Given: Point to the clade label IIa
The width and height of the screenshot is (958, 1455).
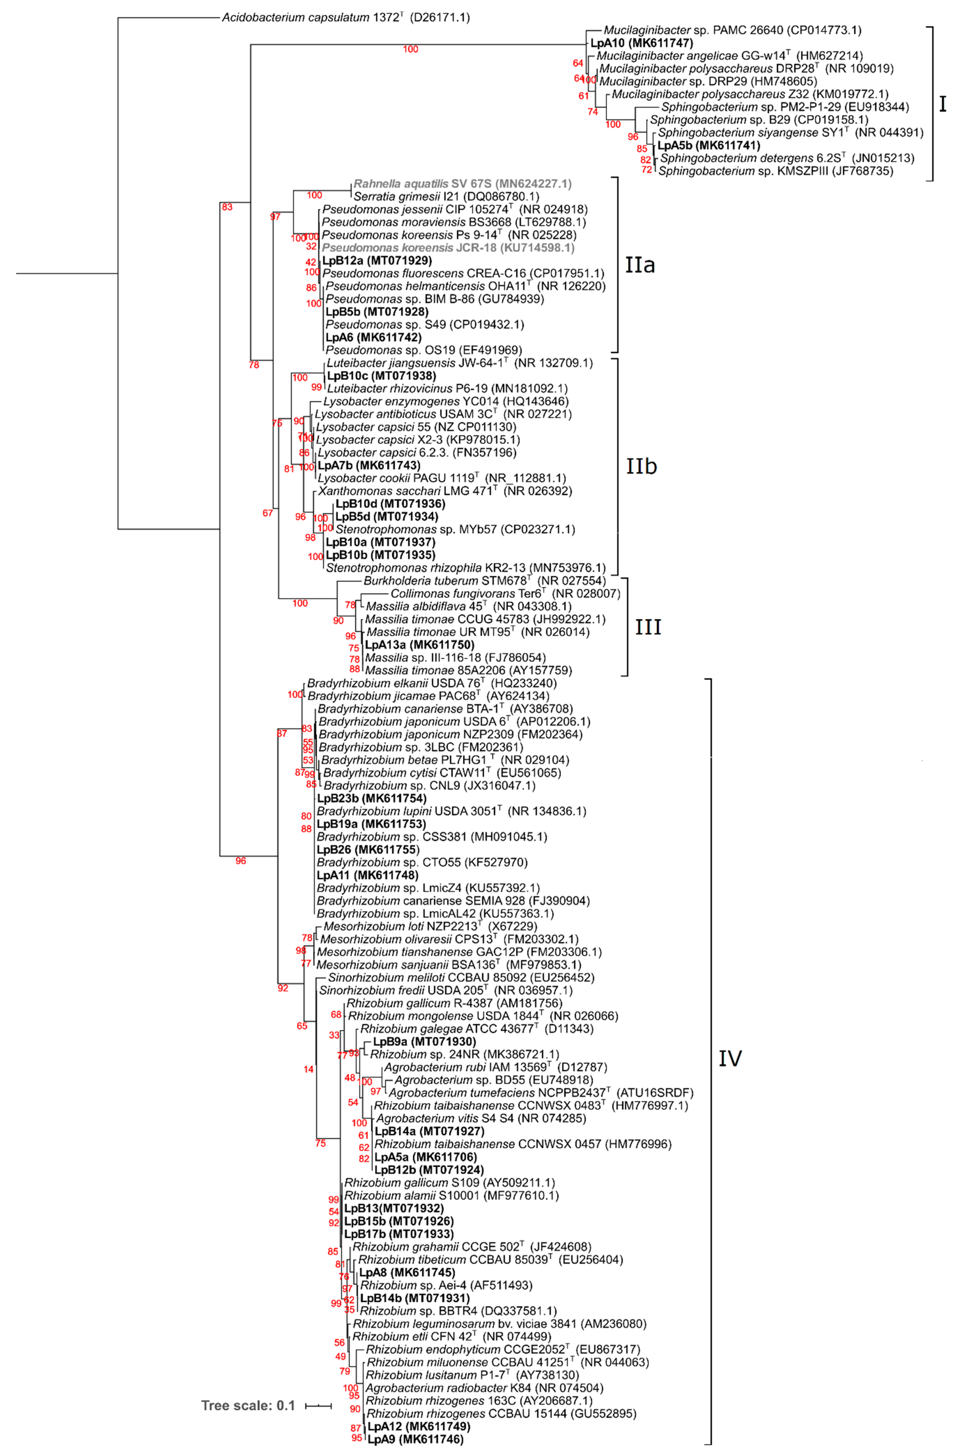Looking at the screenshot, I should [x=640, y=265].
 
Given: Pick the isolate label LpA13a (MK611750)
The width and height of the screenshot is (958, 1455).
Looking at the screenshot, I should [x=419, y=644].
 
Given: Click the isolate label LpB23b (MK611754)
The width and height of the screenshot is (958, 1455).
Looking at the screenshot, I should [x=371, y=798].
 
